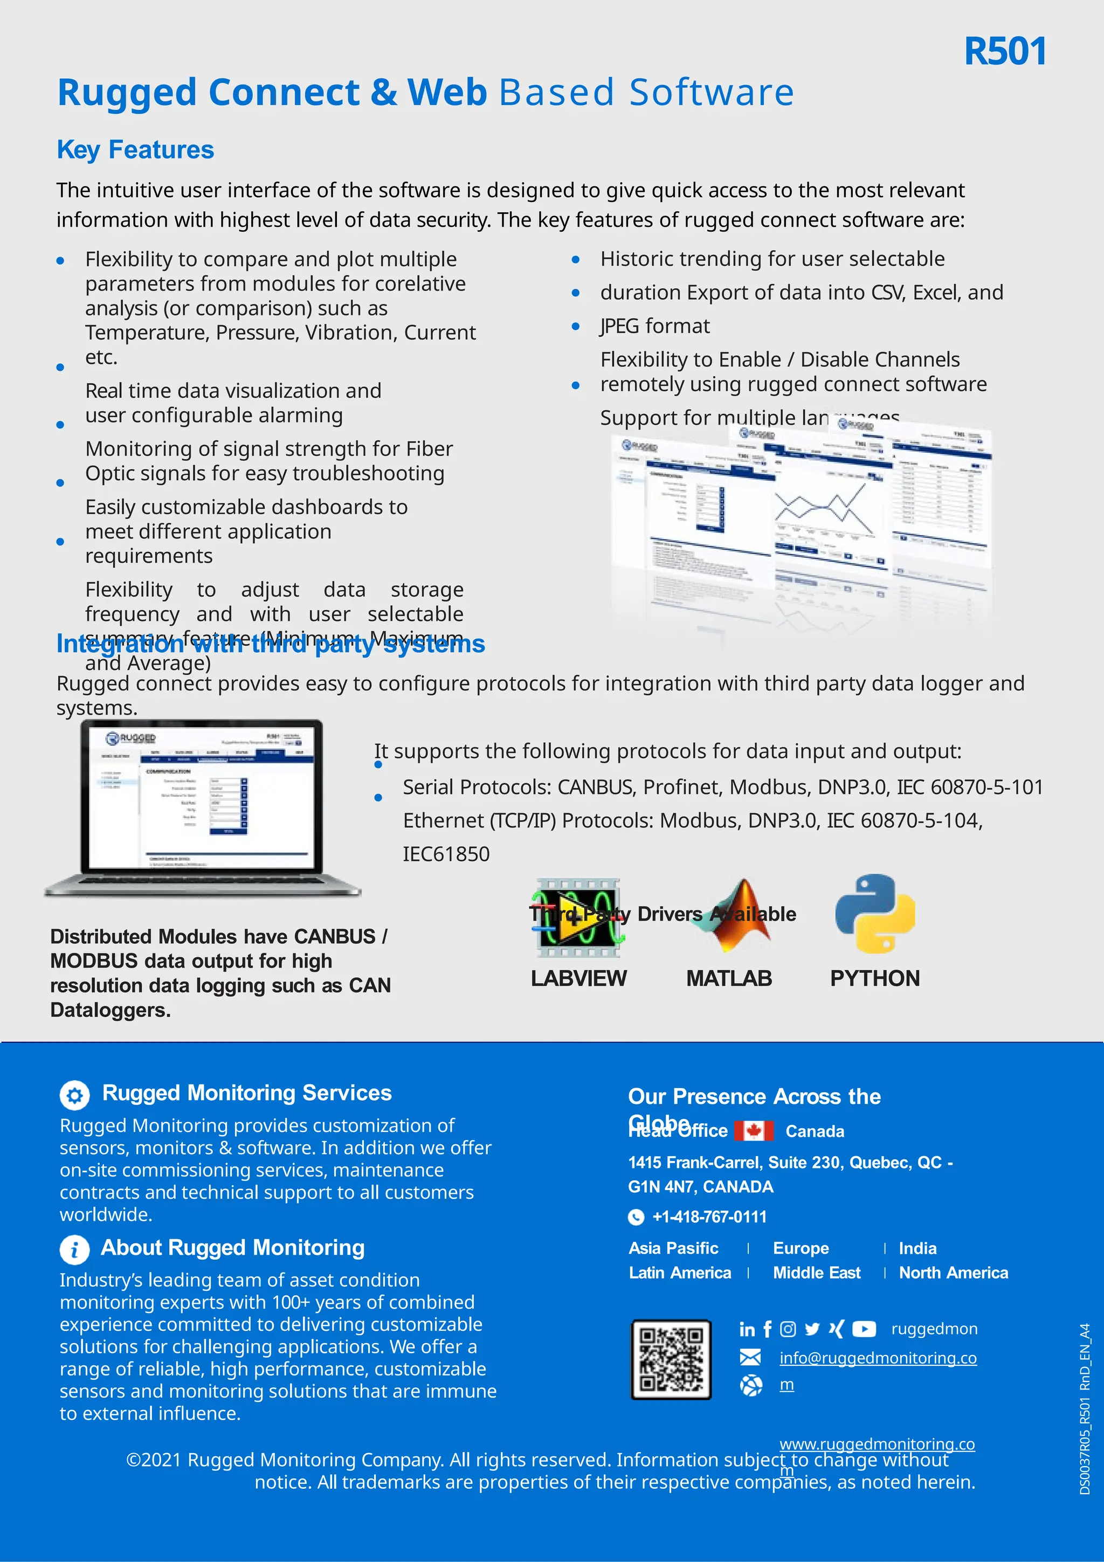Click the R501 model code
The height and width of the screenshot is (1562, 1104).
(x=1005, y=52)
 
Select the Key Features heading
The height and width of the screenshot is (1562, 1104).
(x=135, y=150)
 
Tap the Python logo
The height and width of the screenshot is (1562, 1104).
(x=875, y=914)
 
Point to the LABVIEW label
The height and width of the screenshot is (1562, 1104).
(x=578, y=978)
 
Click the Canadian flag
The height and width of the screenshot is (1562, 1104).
(x=754, y=1131)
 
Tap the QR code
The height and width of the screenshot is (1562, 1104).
(x=671, y=1359)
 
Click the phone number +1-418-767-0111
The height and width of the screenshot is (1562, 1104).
(x=709, y=1217)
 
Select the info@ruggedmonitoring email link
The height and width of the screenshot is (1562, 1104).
(x=878, y=1358)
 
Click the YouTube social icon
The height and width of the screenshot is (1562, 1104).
(x=864, y=1329)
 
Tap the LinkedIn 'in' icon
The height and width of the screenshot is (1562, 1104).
(x=747, y=1329)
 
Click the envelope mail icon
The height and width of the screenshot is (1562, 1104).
(x=750, y=1358)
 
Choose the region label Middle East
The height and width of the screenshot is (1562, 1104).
(x=816, y=1273)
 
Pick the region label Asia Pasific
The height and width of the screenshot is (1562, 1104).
(x=673, y=1248)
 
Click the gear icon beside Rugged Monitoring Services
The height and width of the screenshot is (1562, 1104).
(x=75, y=1095)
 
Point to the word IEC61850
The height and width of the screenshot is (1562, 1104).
(x=446, y=854)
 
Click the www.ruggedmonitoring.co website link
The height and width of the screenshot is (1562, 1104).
(x=877, y=1443)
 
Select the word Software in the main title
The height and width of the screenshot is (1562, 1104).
(x=712, y=93)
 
